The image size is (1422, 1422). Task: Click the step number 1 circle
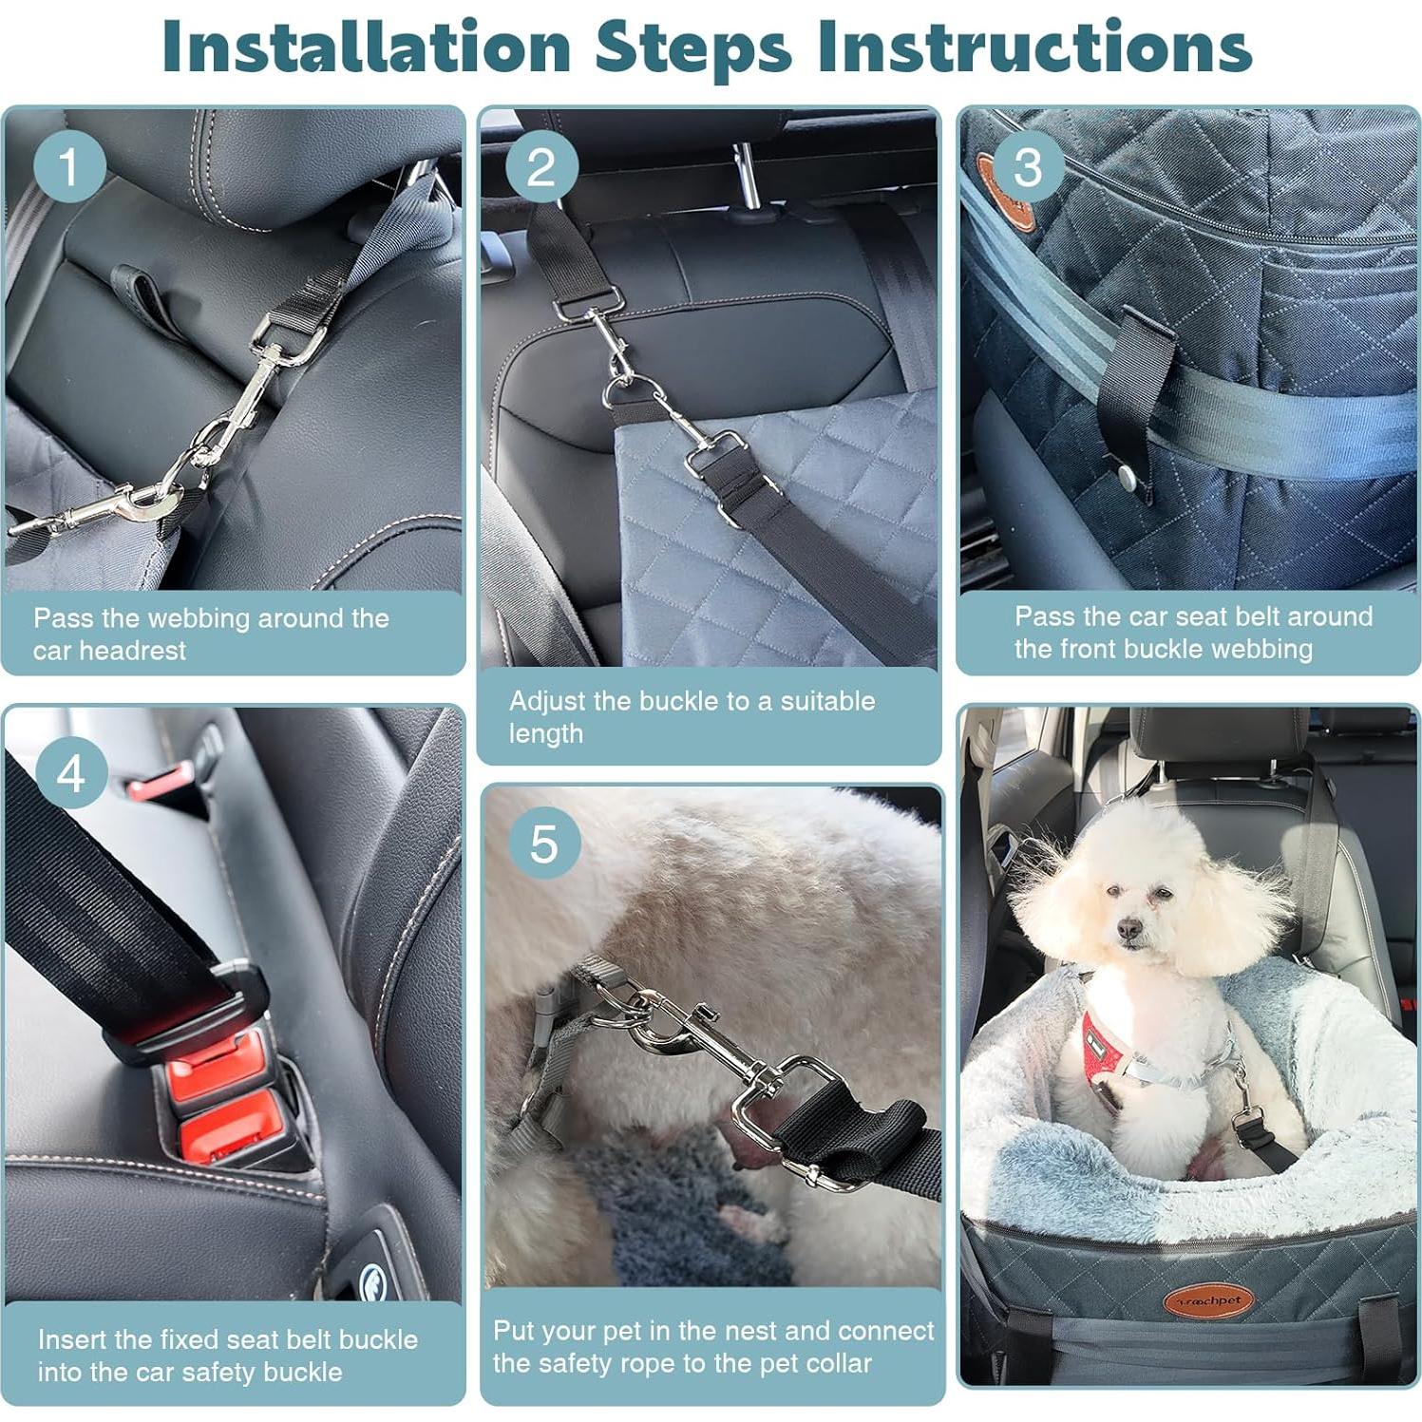(69, 166)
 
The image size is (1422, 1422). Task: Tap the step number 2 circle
(541, 166)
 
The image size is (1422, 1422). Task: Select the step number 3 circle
(1027, 166)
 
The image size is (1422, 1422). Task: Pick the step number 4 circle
(71, 772)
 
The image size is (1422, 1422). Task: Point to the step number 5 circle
(543, 843)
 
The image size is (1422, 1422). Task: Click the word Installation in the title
(366, 47)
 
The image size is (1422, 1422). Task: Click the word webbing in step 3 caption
(1269, 649)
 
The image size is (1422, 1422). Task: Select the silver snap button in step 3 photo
(1128, 476)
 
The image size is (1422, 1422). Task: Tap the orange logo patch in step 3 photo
(1006, 196)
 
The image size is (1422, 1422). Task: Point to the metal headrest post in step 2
(747, 176)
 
